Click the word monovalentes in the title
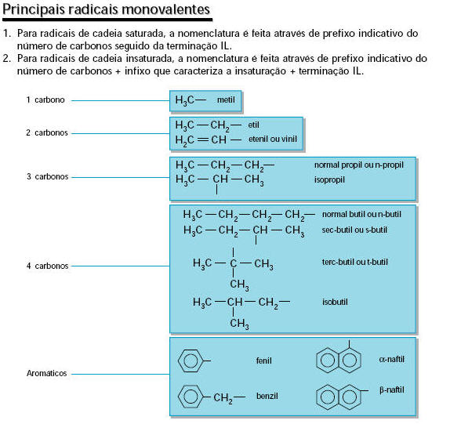coord(165,10)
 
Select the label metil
coord(226,100)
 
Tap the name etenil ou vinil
coord(273,140)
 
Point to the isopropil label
coord(329,180)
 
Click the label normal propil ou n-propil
coord(359,165)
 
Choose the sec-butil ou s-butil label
coord(354,230)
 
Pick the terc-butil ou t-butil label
coord(354,262)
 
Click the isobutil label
coord(335,302)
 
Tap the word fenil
coord(263,361)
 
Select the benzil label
coord(267,396)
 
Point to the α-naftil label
coord(391,359)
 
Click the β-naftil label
coord(392,390)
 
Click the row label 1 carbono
coord(45,100)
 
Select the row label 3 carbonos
coord(48,176)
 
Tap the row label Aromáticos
coord(46,373)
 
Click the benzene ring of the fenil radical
coord(179,361)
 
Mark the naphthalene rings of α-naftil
coord(317,361)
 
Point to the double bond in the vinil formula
coord(202,140)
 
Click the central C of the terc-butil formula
coord(234,263)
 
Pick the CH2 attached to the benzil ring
coord(223,398)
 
